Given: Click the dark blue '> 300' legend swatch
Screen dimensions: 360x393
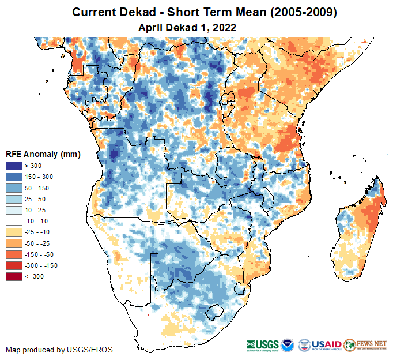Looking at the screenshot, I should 13,166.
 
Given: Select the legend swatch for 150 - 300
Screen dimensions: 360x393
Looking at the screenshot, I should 13,177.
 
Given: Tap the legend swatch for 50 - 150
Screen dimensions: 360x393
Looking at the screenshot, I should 13,188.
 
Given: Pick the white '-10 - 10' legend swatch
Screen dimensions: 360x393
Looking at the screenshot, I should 13,221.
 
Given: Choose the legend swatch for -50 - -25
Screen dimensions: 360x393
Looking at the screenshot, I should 13,243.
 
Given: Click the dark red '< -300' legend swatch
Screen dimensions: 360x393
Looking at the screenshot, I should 13,276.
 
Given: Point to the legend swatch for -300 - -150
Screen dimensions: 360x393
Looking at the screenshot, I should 13,265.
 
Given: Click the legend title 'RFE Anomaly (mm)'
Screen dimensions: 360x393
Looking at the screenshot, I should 43,155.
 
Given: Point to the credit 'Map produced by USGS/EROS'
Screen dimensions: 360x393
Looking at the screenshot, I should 59,350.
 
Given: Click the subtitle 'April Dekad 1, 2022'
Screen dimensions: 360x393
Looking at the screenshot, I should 188,27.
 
